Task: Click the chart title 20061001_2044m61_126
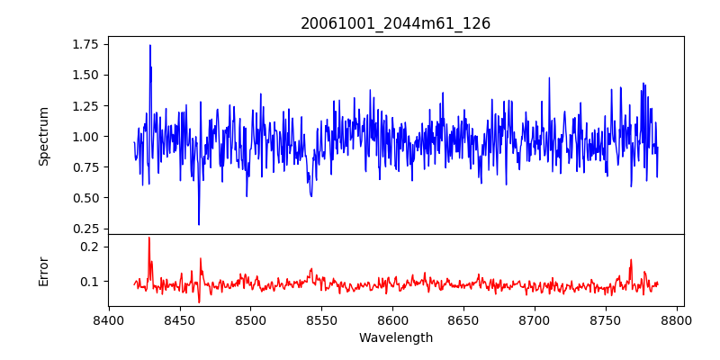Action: [x=395, y=23]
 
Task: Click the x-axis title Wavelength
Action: [x=395, y=337]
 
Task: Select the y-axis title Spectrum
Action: [x=43, y=136]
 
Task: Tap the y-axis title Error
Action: [x=43, y=270]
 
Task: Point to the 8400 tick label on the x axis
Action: [x=108, y=320]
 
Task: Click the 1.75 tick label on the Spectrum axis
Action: [x=85, y=43]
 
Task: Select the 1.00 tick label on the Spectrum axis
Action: [x=85, y=136]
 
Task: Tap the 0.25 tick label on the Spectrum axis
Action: [x=85, y=229]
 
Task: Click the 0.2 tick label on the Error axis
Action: [x=90, y=247]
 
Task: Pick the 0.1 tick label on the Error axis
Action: [x=90, y=282]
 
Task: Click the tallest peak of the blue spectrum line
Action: [x=150, y=45]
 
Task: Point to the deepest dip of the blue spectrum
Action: [x=199, y=224]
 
